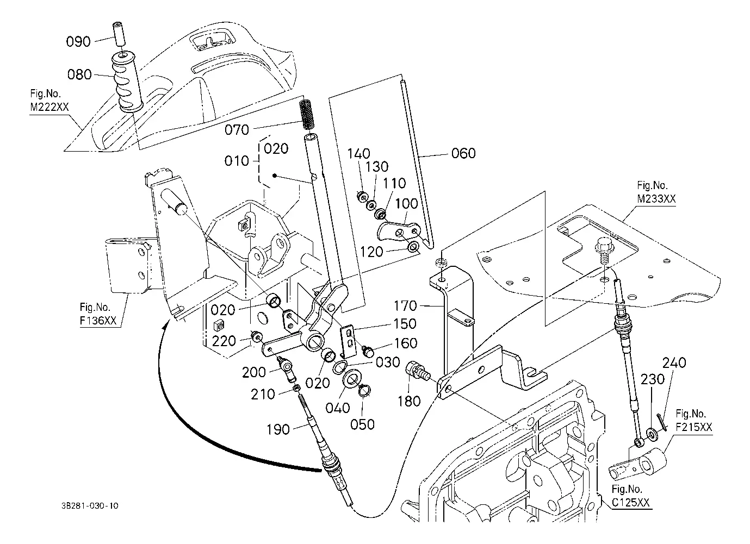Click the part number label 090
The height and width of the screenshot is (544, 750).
click(78, 42)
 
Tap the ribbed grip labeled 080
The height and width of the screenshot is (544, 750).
click(127, 82)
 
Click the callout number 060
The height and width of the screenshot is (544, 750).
click(463, 153)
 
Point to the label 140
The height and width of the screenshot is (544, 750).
click(358, 154)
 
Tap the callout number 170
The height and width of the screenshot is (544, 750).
click(405, 306)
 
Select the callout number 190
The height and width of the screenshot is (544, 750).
click(278, 429)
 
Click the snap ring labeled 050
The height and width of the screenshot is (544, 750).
click(364, 391)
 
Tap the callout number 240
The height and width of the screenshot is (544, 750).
click(674, 362)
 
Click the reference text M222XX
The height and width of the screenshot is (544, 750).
click(49, 107)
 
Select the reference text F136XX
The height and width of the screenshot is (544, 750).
click(98, 321)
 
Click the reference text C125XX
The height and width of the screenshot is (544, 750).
click(630, 503)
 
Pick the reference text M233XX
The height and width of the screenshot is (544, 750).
click(656, 199)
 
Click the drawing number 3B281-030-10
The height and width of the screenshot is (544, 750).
click(90, 506)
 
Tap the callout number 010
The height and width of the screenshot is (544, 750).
click(237, 161)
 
